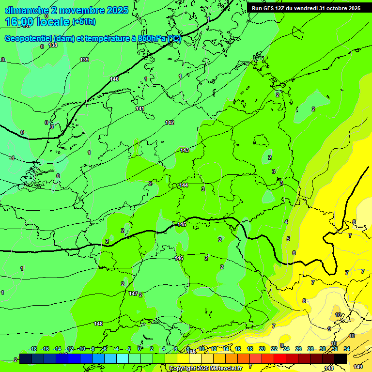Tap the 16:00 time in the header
(x=20, y=21)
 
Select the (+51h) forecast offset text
(x=84, y=21)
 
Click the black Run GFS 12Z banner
(x=306, y=8)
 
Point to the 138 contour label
(x=53, y=45)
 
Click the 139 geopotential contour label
(x=84, y=60)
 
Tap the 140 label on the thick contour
(x=114, y=79)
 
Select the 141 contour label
(x=140, y=108)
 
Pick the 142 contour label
(x=170, y=123)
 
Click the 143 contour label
(x=185, y=151)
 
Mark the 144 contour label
(x=184, y=185)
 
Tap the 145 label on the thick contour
(x=182, y=224)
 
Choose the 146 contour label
(x=179, y=258)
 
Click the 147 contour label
(x=133, y=294)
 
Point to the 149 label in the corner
(x=358, y=367)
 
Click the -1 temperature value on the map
(x=12, y=158)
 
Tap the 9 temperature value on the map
(x=329, y=329)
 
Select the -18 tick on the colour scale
(x=33, y=349)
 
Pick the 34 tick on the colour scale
(x=347, y=349)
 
